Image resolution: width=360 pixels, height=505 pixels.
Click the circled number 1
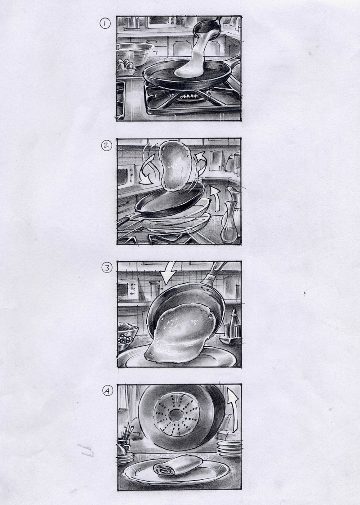click(x=105, y=23)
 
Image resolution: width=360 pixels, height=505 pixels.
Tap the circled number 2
click(x=106, y=146)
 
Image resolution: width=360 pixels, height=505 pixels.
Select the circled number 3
click(x=107, y=267)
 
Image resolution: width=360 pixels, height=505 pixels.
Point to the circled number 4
click(x=108, y=391)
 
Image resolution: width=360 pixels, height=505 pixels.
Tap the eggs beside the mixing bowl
click(x=125, y=64)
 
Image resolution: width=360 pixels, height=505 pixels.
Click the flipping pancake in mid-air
click(x=176, y=164)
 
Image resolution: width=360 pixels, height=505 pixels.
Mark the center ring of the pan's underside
click(x=175, y=414)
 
